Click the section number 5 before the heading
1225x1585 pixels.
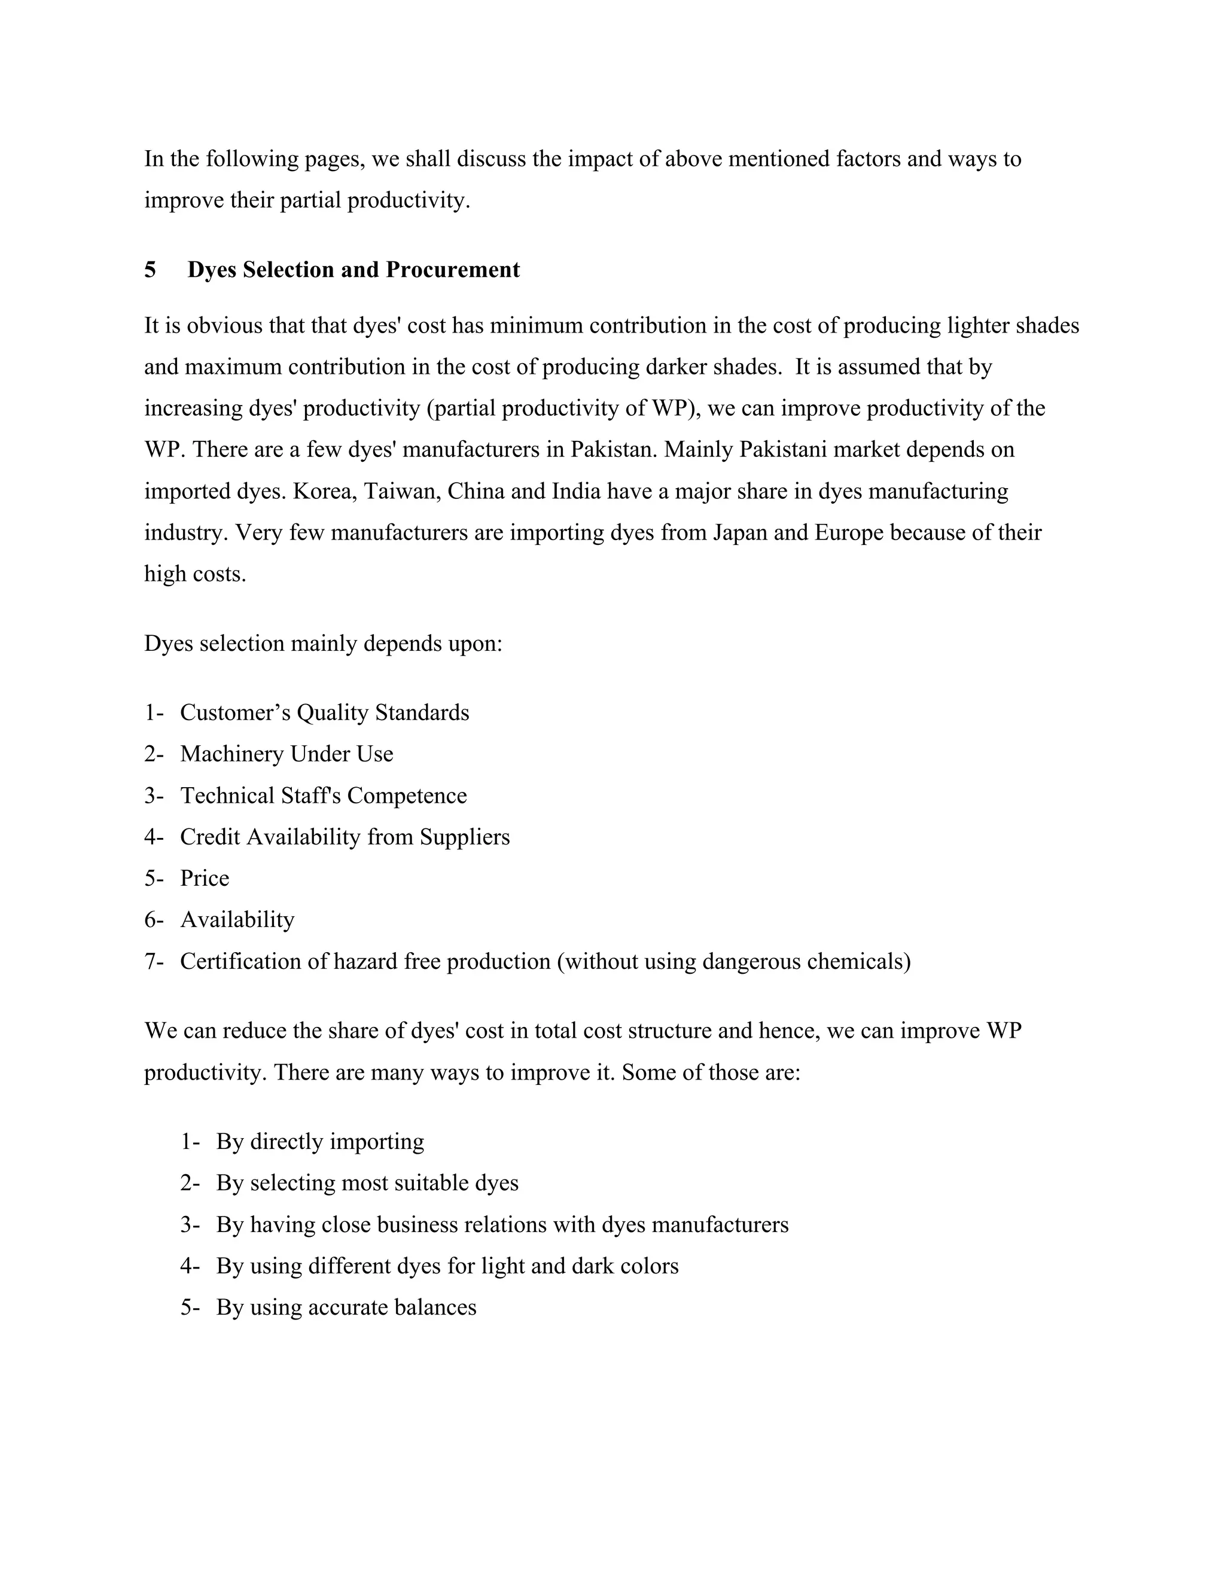tap(150, 270)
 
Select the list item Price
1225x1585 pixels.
tap(205, 878)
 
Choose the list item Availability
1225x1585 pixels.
tap(237, 920)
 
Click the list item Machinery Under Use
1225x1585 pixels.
tap(287, 754)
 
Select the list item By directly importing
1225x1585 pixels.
tap(320, 1142)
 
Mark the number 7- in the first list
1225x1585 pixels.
tap(154, 962)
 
